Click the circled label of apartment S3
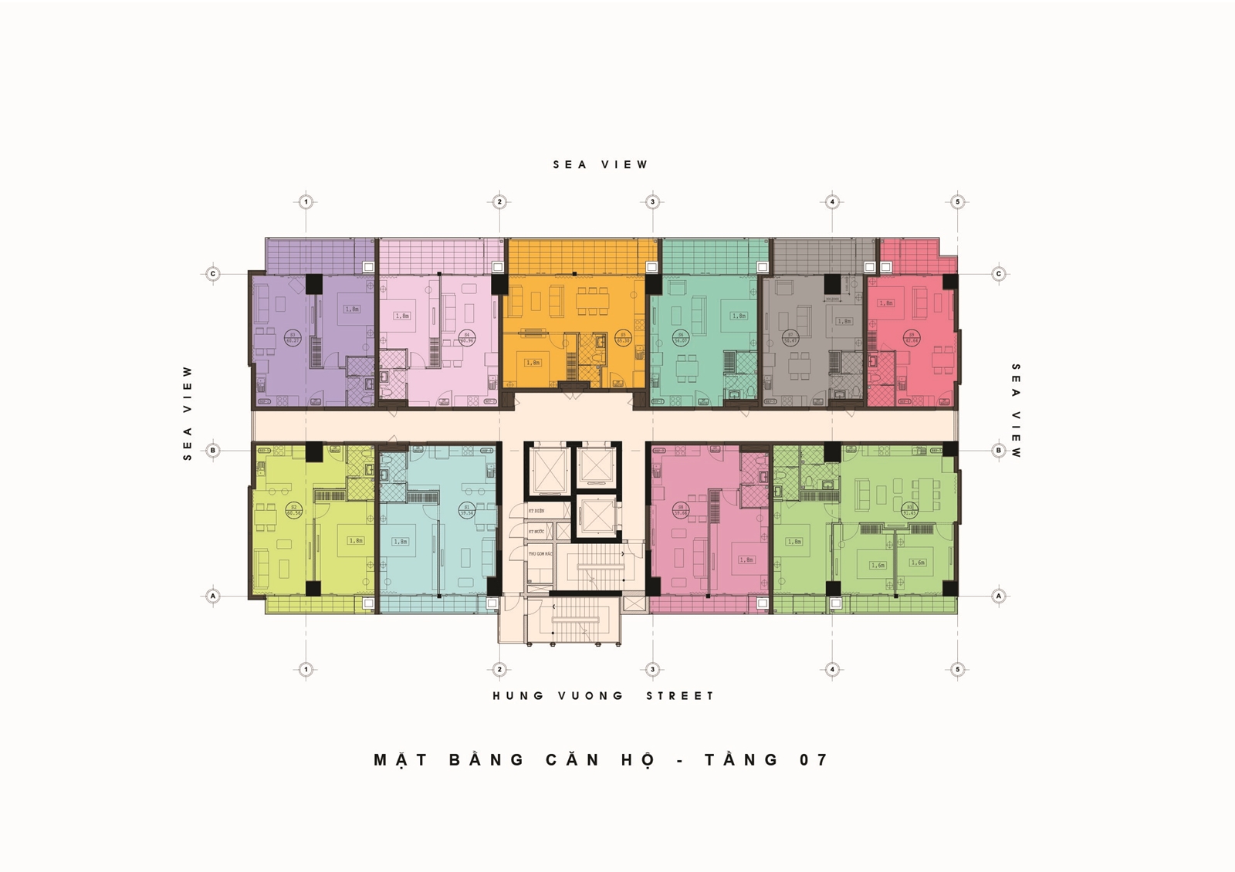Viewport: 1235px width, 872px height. point(293,336)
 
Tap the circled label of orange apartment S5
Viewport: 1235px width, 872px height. point(624,337)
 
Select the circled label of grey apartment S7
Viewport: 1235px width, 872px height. point(790,337)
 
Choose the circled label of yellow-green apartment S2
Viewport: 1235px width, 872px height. point(293,510)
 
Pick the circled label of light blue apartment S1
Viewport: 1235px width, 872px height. point(466,510)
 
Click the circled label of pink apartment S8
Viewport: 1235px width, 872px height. point(681,509)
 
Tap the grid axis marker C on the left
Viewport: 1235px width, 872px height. point(213,274)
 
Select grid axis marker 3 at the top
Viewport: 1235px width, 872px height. point(652,202)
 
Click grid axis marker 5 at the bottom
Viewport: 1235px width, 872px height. point(957,669)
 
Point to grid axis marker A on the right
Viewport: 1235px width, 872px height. point(998,596)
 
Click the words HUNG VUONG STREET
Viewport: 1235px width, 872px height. point(604,696)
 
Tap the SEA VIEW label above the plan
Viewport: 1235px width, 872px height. point(601,164)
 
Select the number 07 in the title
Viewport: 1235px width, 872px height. point(814,760)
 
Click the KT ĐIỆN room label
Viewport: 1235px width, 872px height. point(536,511)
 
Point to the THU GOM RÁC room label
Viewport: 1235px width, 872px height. point(539,554)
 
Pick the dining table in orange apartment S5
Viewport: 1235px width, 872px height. point(592,301)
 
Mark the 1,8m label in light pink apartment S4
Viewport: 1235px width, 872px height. point(401,316)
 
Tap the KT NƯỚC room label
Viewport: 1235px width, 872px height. point(536,532)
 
